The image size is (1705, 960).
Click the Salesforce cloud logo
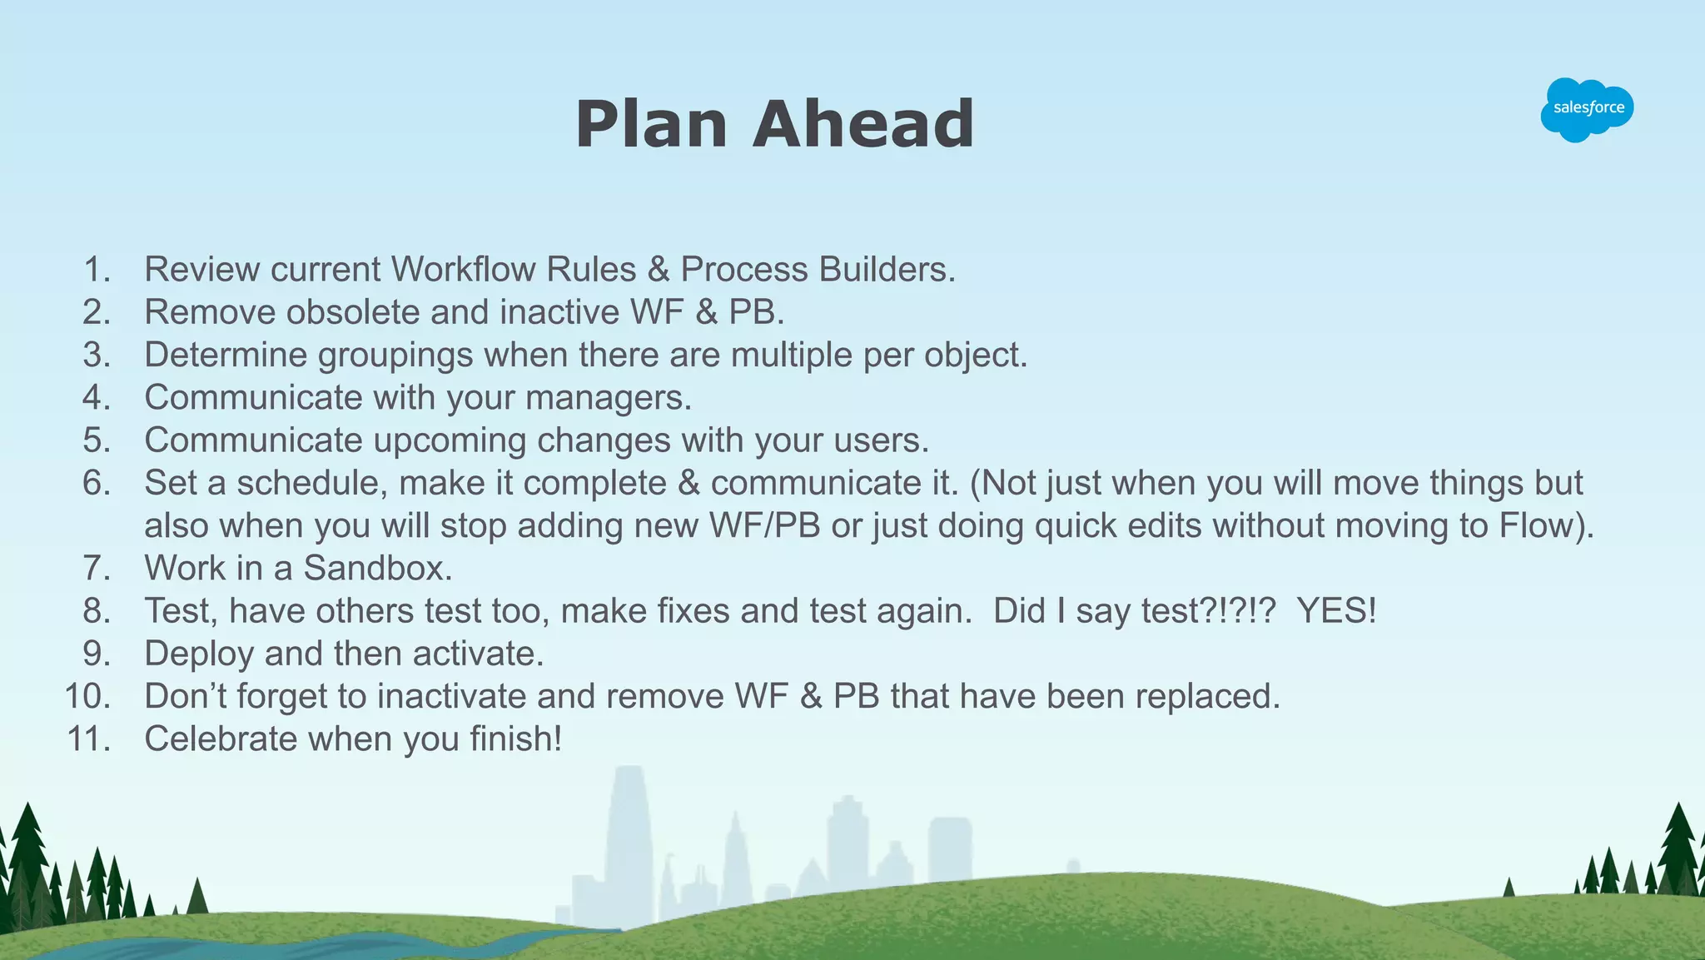[1587, 109]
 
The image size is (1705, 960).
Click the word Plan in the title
[651, 125]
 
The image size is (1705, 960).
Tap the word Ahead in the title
[862, 125]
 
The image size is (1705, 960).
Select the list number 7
[97, 569]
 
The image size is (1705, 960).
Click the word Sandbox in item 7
[377, 569]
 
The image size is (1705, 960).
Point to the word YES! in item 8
[1336, 611]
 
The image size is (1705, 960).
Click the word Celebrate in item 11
[221, 739]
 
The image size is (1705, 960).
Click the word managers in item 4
[608, 398]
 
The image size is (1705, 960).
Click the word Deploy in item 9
[198, 654]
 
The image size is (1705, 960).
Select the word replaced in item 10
[1206, 697]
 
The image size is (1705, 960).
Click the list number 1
[97, 270]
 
